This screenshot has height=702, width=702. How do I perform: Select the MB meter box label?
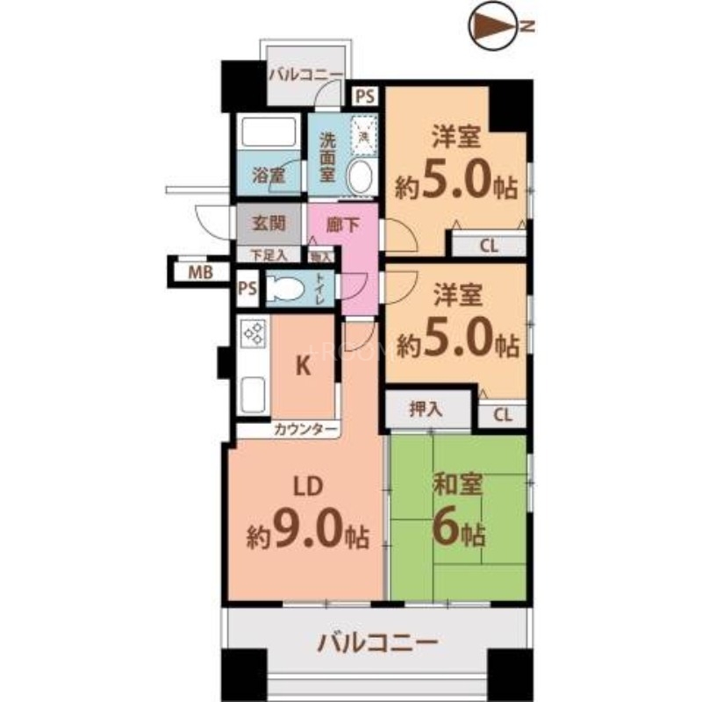click(x=200, y=272)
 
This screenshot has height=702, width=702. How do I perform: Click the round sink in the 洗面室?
click(x=360, y=177)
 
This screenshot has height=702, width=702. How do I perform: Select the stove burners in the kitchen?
click(x=254, y=334)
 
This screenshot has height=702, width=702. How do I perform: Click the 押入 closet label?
click(x=426, y=408)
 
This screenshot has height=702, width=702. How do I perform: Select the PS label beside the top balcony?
click(x=364, y=93)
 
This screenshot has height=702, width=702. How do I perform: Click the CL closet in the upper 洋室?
click(x=488, y=245)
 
